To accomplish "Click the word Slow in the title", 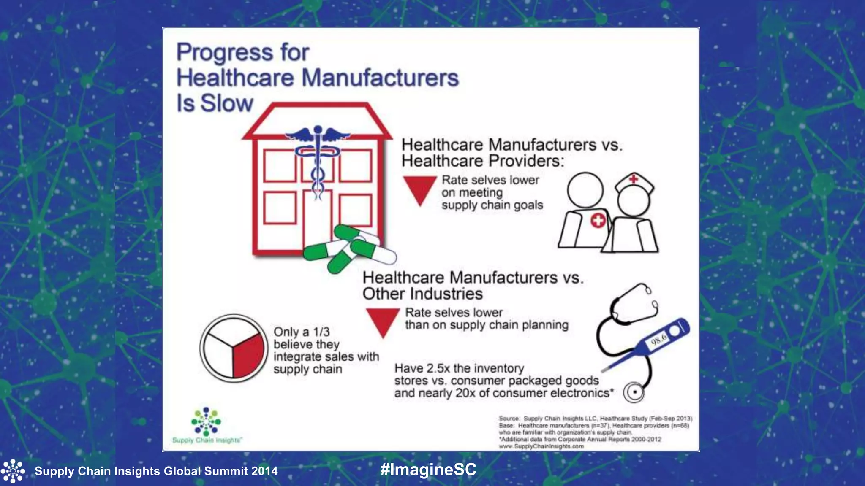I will tap(227, 103).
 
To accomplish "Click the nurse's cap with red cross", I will tap(634, 182).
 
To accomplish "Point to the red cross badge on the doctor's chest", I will tap(598, 221).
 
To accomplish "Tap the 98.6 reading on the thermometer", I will tap(658, 339).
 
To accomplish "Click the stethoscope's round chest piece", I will tap(634, 392).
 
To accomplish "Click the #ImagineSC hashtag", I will tap(428, 470).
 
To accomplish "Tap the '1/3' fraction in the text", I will tap(321, 332).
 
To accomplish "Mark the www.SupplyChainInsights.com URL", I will tap(541, 446).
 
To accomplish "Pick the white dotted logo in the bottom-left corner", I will tap(13, 471).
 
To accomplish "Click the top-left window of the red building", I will tap(280, 166).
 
